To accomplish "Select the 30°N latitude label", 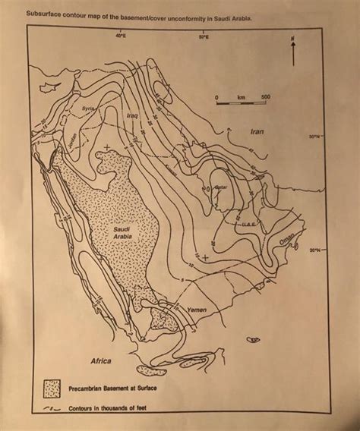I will pyautogui.click(x=314, y=137).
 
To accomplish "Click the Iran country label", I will pyautogui.click(x=256, y=131).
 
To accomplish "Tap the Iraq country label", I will pyautogui.click(x=131, y=115).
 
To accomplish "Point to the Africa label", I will pyautogui.click(x=102, y=359).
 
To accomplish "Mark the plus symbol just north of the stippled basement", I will pyautogui.click(x=107, y=145).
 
